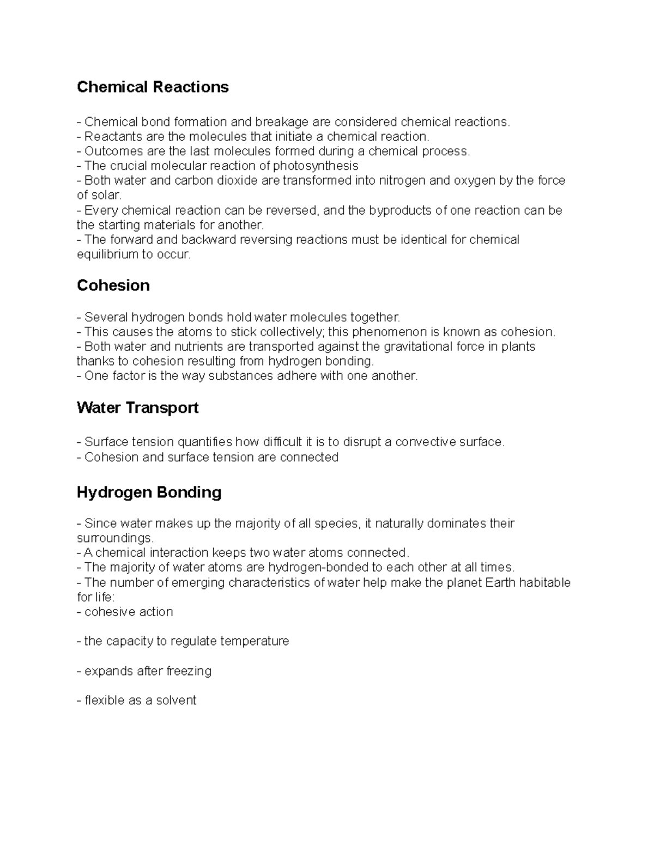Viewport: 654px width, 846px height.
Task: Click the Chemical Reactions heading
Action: pyautogui.click(x=153, y=87)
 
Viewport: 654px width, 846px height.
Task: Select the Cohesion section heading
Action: pyautogui.click(x=113, y=285)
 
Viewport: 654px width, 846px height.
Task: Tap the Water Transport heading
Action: pyautogui.click(x=137, y=408)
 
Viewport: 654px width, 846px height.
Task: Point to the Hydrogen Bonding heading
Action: pyautogui.click(x=149, y=492)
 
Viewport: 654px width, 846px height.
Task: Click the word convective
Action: pyautogui.click(x=425, y=442)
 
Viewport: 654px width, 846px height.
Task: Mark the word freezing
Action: pyautogui.click(x=189, y=671)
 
